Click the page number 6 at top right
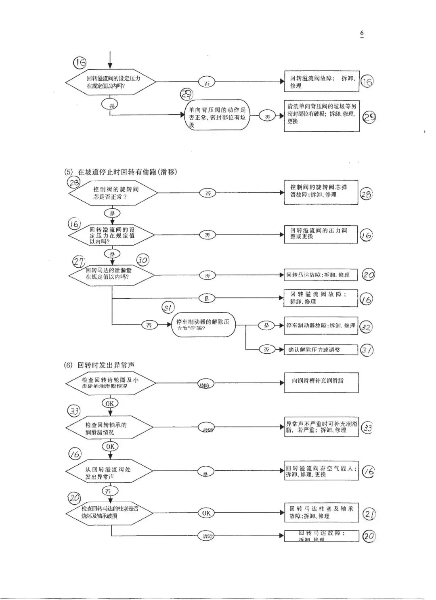[362, 33]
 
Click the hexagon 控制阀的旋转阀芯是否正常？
[113, 193]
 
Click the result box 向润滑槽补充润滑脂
[321, 382]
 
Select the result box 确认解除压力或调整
[321, 350]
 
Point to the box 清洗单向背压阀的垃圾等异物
[322, 116]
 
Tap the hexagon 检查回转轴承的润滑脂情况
[110, 428]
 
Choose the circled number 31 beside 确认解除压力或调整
[367, 350]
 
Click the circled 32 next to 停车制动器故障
[366, 327]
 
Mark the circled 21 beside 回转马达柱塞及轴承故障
[369, 514]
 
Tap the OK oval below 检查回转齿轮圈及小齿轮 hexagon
[110, 403]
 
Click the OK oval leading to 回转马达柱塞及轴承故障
[206, 513]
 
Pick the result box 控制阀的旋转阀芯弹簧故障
[321, 193]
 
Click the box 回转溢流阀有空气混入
[321, 471]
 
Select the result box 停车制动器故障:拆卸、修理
[321, 325]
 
